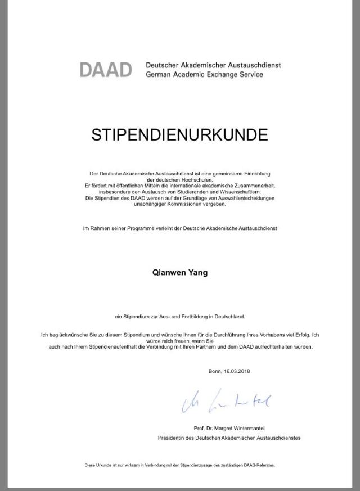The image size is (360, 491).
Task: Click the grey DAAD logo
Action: pos(105,70)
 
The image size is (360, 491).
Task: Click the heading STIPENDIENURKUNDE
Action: pos(179,135)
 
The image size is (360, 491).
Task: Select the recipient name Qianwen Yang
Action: pos(180,273)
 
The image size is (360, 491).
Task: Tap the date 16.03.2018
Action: pos(236,371)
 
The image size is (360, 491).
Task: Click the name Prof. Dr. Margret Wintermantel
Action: pos(229,428)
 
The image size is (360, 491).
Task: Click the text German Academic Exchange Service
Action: pos(204,74)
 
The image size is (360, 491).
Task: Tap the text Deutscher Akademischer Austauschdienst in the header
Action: pos(213,65)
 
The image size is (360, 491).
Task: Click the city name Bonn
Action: pos(214,371)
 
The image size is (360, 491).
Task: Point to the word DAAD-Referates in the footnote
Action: pos(260,465)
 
